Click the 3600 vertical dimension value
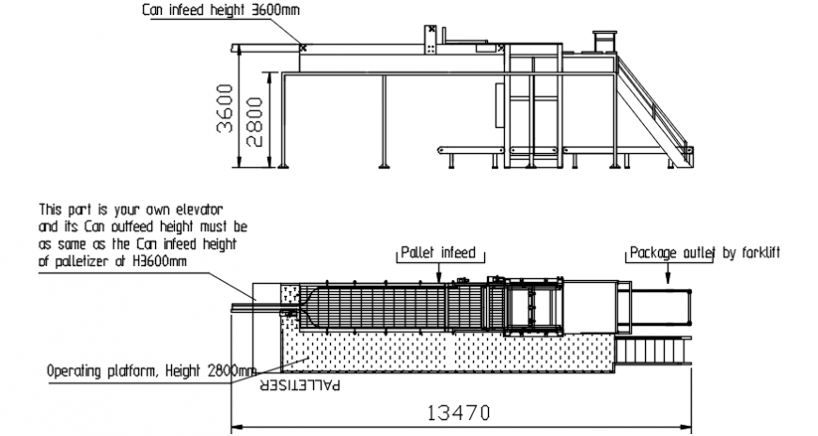pos(224,109)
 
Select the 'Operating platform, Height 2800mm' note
pos(150,370)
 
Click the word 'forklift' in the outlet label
pos(761,253)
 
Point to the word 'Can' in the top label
pos(153,11)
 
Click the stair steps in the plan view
pos(654,350)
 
